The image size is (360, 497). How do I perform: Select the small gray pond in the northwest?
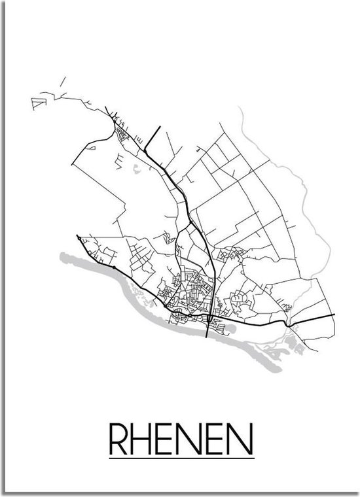click(x=135, y=171)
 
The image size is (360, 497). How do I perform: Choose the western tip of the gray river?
click(x=61, y=256)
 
